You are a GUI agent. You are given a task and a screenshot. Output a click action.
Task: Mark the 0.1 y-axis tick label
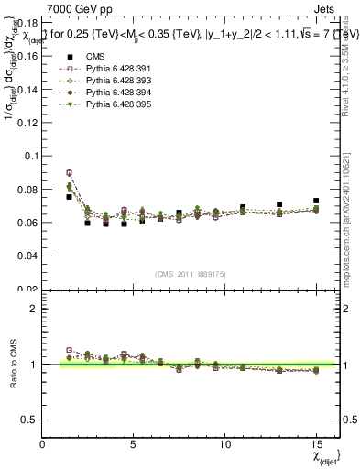(28, 156)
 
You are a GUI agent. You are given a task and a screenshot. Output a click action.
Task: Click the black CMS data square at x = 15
(315, 201)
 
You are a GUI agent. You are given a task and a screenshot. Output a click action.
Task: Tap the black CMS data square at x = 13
(279, 205)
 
